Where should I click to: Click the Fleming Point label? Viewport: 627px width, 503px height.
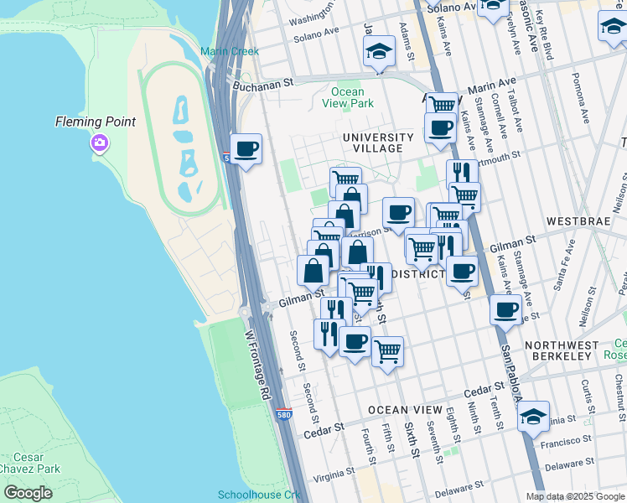coord(95,122)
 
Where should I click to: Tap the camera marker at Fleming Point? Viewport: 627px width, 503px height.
coord(100,143)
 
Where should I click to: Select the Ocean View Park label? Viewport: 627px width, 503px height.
coord(348,97)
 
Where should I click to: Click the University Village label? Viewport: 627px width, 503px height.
coord(378,143)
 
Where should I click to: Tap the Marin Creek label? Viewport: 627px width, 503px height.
coord(230,51)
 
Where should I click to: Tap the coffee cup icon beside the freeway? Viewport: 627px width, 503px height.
coord(246,150)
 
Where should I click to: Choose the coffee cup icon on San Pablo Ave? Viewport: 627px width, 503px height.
coord(506,309)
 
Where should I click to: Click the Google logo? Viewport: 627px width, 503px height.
coord(28,493)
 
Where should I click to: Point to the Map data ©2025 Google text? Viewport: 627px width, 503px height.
coord(574,496)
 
